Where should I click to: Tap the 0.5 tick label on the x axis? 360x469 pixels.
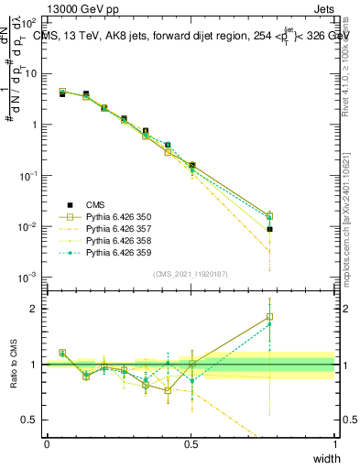(x=191, y=444)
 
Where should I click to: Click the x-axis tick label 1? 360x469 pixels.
(x=335, y=444)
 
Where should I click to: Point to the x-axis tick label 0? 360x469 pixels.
(x=47, y=444)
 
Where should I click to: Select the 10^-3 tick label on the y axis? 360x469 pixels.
(x=28, y=278)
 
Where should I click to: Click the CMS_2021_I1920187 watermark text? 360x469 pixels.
(x=191, y=273)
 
